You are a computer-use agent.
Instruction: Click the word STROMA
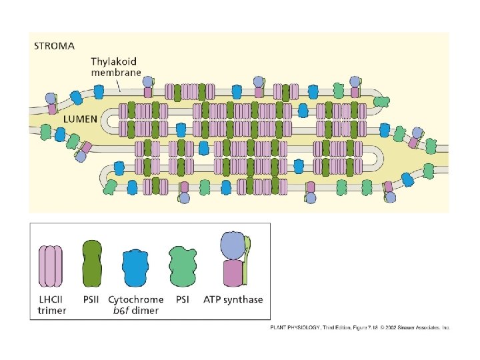click(55, 46)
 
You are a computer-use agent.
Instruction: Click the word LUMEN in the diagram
click(81, 119)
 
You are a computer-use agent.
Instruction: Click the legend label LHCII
click(52, 299)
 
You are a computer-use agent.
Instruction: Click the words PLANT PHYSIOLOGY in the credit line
click(291, 327)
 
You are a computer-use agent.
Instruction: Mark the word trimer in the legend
click(52, 311)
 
